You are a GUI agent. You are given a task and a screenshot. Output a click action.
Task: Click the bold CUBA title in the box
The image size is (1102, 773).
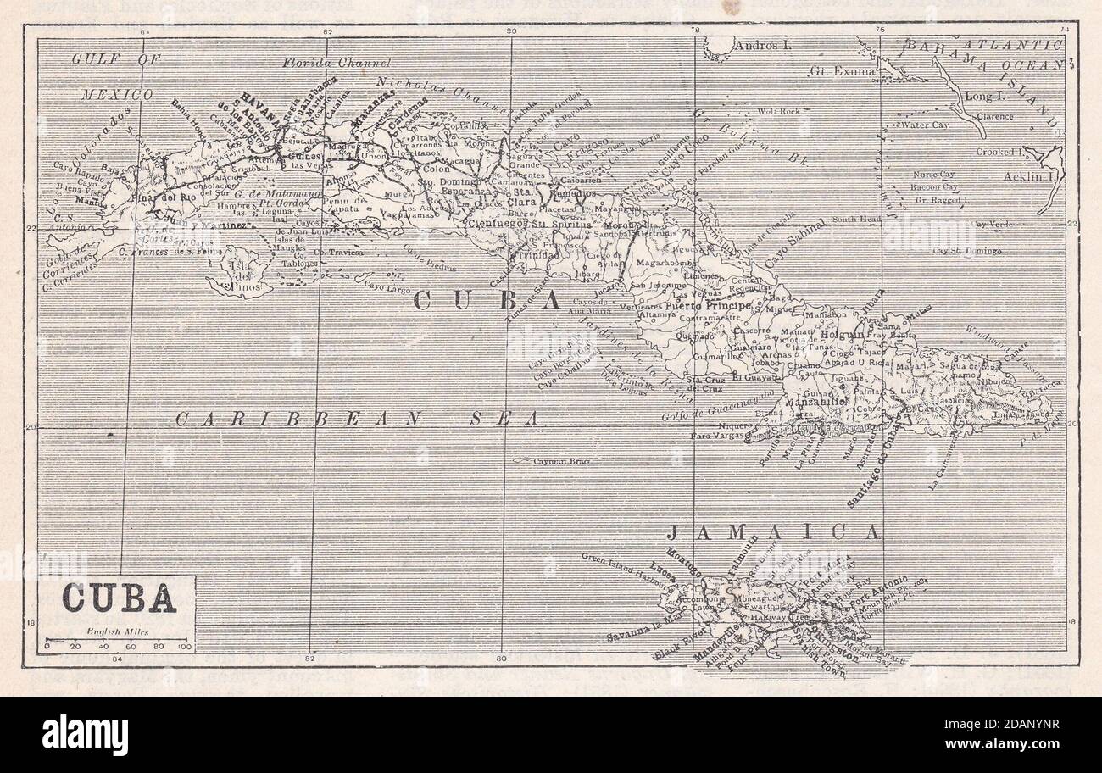tap(118, 599)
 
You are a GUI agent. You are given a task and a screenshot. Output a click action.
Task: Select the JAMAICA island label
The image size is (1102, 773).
tap(772, 533)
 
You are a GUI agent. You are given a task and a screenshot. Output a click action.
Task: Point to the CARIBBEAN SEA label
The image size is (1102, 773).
tap(357, 418)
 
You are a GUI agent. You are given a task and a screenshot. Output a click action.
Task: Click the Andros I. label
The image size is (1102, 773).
tap(762, 46)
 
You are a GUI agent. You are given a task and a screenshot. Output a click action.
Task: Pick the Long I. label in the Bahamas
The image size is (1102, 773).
tap(984, 97)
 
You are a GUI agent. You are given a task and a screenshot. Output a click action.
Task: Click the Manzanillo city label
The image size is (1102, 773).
tap(818, 403)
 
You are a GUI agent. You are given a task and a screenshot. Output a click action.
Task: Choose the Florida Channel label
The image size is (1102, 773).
tap(337, 63)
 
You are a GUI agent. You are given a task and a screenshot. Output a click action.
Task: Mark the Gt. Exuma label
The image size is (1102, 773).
tap(842, 71)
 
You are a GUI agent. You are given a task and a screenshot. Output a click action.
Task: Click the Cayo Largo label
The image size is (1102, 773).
tap(387, 285)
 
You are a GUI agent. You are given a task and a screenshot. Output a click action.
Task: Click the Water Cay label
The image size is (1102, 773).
tap(924, 125)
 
